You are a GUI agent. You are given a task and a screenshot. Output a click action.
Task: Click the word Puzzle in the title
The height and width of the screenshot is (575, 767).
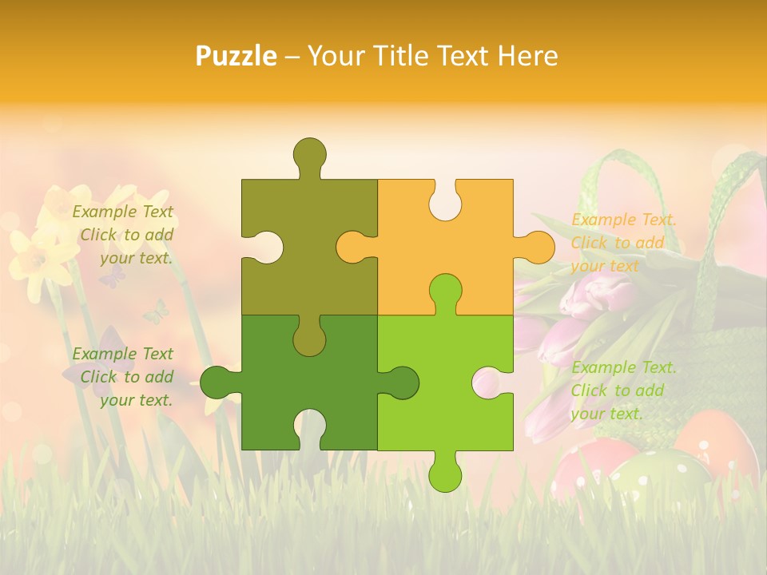(x=236, y=56)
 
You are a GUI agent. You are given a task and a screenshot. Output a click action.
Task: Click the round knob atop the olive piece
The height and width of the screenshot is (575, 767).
(x=309, y=153)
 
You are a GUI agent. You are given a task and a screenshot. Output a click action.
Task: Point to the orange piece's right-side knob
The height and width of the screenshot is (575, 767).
(x=537, y=248)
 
